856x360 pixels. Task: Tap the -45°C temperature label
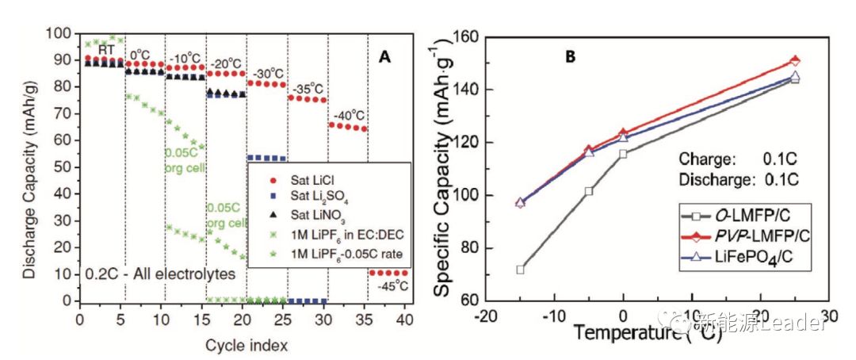coord(389,286)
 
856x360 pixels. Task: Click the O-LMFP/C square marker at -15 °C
coord(520,270)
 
